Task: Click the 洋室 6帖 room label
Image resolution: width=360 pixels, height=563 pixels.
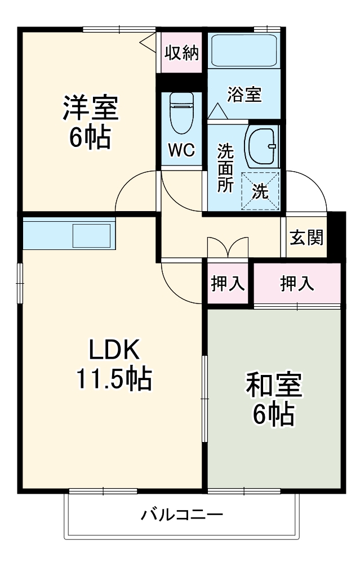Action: (90, 122)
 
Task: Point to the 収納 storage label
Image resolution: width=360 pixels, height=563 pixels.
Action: (181, 53)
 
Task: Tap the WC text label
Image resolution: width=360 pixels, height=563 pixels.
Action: (181, 150)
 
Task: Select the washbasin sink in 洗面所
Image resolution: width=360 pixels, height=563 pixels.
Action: (261, 146)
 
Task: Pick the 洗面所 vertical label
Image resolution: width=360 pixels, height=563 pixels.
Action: (225, 168)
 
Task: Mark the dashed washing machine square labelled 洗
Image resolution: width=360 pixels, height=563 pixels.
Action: (260, 190)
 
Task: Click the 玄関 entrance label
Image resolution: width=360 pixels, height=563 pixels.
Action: (306, 237)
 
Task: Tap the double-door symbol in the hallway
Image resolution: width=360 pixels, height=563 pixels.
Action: (228, 248)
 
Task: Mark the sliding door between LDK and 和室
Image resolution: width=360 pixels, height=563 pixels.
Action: (204, 399)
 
